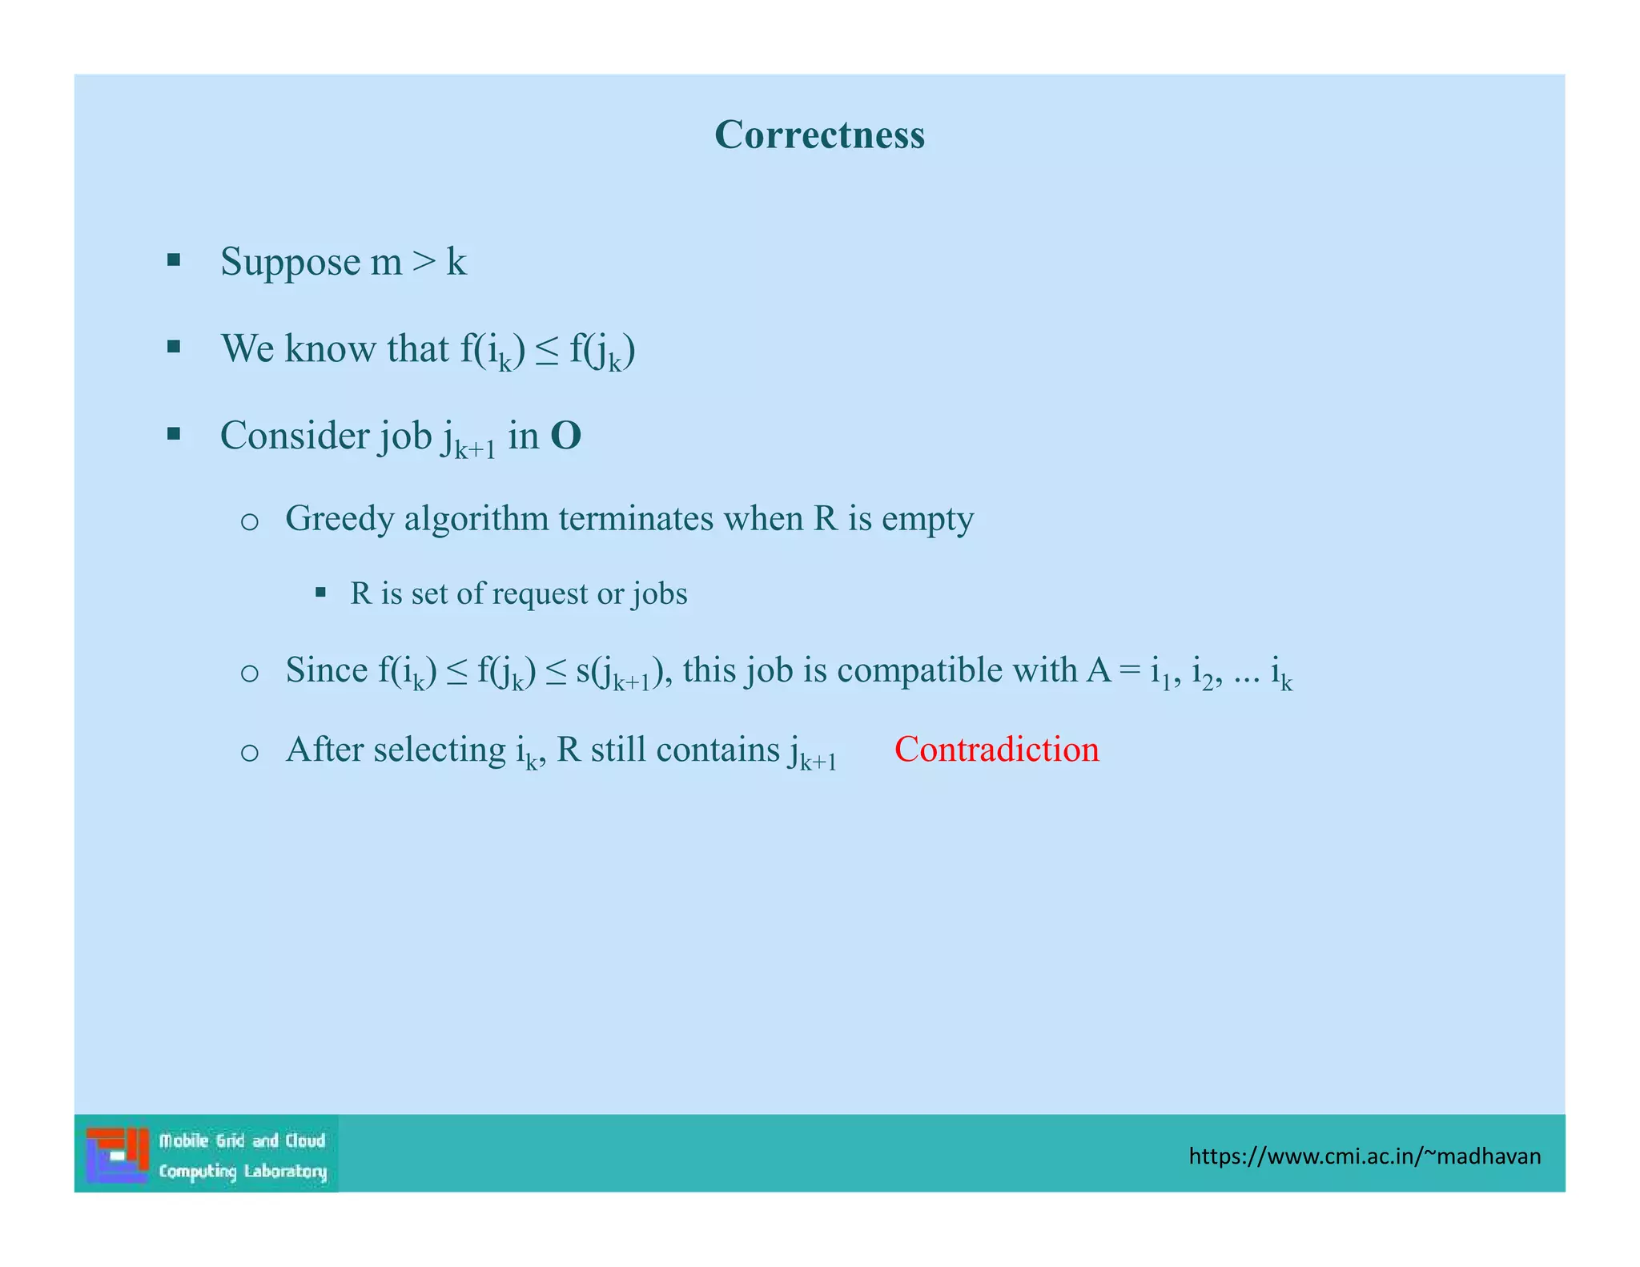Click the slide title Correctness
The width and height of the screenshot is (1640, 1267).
[819, 135]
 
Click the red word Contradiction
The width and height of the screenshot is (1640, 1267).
[996, 750]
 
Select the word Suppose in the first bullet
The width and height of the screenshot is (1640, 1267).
[290, 263]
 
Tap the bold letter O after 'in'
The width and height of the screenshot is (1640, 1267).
[565, 436]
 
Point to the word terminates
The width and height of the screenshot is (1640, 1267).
[636, 519]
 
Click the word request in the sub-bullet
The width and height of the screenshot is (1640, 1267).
[540, 593]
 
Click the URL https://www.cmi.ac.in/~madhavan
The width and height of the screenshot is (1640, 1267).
[1365, 1156]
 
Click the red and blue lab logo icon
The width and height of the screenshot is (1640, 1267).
[117, 1154]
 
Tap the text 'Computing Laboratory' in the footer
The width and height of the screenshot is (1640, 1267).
[243, 1171]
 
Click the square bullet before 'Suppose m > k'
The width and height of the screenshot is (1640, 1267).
[174, 259]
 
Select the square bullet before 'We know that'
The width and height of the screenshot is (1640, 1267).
[174, 347]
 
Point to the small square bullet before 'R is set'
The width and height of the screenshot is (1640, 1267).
[320, 593]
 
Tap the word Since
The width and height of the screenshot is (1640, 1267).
[326, 670]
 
